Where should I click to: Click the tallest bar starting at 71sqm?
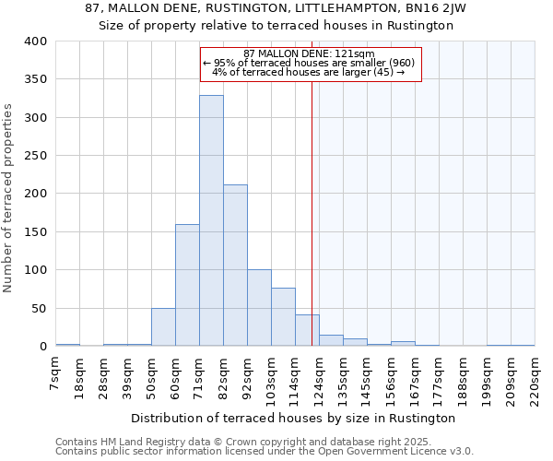211,221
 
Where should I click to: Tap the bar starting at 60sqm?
187,285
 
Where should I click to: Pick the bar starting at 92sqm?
259,308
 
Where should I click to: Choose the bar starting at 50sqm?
163,327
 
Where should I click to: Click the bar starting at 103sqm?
283,317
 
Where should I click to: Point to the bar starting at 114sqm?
307,330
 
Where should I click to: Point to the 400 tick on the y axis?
35,41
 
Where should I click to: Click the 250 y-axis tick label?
35,156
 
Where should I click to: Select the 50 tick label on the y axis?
39,308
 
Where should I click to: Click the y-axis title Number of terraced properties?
8,198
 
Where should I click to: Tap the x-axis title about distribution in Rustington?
293,418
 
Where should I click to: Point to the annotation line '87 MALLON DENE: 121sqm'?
309,53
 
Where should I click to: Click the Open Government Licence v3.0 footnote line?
265,452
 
